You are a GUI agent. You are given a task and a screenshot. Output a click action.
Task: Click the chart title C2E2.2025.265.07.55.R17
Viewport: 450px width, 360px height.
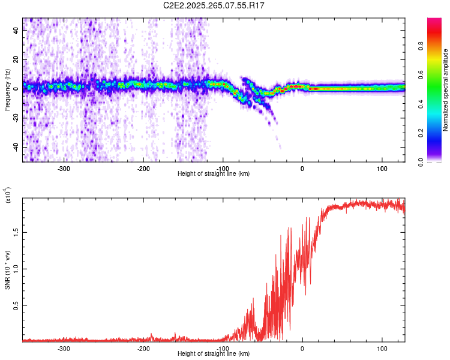coord(214,5)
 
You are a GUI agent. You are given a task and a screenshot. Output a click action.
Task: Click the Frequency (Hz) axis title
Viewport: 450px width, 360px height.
coord(7,89)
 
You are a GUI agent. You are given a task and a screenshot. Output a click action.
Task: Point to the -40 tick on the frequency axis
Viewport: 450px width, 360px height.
coord(17,147)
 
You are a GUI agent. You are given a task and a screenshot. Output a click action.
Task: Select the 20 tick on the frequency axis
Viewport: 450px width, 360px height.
coord(17,59)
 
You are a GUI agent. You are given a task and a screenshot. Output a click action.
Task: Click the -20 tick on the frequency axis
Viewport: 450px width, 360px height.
coord(17,118)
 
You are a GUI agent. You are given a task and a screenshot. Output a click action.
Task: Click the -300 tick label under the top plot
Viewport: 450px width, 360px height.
coord(64,168)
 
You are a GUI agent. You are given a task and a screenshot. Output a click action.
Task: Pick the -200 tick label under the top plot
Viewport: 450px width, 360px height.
coord(143,168)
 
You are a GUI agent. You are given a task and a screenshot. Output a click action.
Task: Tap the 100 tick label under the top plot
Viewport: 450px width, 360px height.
coord(382,168)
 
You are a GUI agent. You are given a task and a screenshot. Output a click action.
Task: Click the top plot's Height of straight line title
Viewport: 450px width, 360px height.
coord(214,174)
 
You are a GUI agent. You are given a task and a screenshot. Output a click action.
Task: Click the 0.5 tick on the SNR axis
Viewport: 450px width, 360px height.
coord(17,305)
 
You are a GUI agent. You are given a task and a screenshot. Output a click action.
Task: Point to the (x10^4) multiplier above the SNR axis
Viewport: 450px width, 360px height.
coord(7,195)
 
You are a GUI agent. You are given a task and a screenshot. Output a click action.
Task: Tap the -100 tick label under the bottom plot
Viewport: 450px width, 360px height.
coord(223,348)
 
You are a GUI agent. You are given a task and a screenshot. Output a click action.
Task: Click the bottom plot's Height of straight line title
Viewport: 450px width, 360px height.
coord(214,354)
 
